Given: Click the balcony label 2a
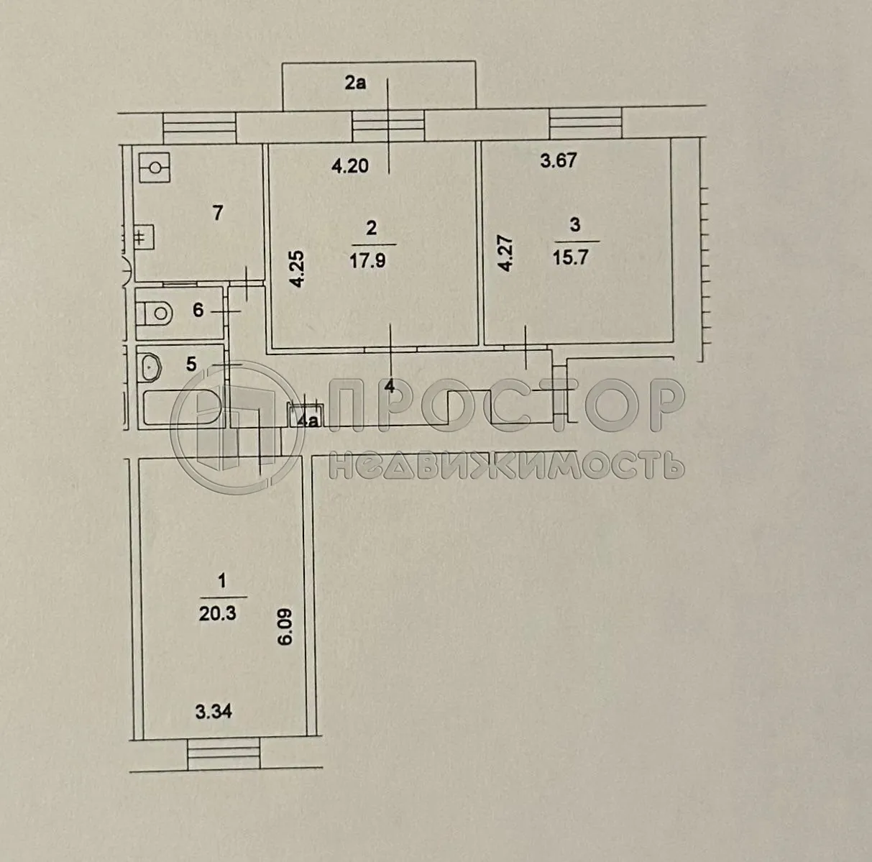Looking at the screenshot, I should point(355,83).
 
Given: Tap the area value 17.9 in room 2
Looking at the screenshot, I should point(371,260).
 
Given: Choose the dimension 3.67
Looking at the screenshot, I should point(558,160).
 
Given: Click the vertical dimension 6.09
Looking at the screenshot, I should point(286,628).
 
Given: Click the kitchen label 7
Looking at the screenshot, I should point(218,213).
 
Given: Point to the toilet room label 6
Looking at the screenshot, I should point(198,311).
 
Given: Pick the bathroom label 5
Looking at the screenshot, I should point(191,364).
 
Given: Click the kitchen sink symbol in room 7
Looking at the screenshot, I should point(155,168).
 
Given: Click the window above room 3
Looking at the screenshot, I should point(585,123).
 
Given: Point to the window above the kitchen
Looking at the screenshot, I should point(200,128).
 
